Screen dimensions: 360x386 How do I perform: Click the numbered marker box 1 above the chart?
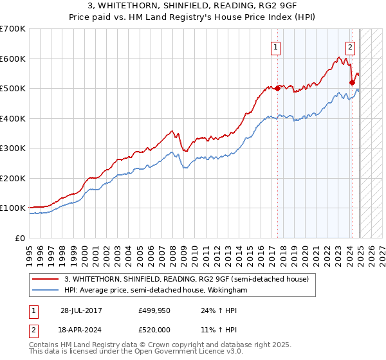coord(275,46)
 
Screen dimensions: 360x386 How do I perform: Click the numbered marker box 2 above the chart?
coord(350,46)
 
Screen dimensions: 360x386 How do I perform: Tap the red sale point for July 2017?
coord(277,88)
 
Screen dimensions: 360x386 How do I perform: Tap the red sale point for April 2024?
coord(352,82)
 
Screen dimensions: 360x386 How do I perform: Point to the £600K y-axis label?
coord(12,59)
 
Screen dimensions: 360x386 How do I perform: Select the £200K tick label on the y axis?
coord(12,178)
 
